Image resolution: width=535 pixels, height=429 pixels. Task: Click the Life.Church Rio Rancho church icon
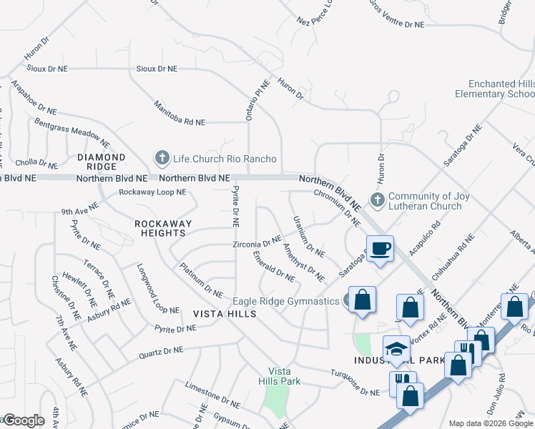point(162,158)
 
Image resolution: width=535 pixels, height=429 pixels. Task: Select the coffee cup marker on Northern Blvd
point(381,249)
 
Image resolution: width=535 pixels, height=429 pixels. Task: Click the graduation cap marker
point(396,349)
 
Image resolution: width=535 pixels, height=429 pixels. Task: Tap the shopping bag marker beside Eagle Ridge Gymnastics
point(362,300)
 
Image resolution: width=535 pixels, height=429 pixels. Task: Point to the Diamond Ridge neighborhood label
point(102,162)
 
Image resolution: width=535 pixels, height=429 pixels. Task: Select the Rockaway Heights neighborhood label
point(164,228)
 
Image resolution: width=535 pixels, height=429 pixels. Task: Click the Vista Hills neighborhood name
point(220,314)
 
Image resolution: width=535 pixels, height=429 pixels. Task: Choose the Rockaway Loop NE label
point(152,192)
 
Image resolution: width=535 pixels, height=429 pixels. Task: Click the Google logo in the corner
point(23,420)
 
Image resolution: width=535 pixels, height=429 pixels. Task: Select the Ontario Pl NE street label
point(250,100)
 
